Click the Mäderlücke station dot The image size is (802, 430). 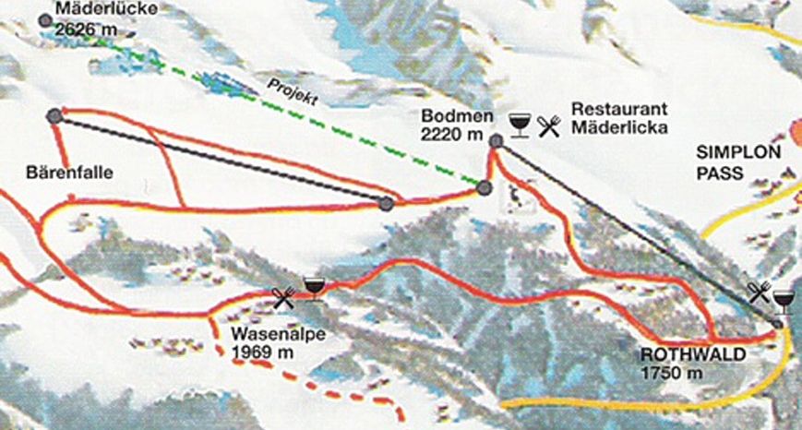pyautogui.click(x=44, y=19)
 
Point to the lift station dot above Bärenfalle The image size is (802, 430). pyautogui.click(x=54, y=115)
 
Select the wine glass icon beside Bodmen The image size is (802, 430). pyautogui.click(x=520, y=125)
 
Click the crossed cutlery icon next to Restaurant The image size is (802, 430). pyautogui.click(x=549, y=125)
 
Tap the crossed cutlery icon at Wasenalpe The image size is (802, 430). pyautogui.click(x=283, y=296)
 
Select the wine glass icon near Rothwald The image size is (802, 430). pyautogui.click(x=784, y=301)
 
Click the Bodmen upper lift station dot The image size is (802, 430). pyautogui.click(x=497, y=141)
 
